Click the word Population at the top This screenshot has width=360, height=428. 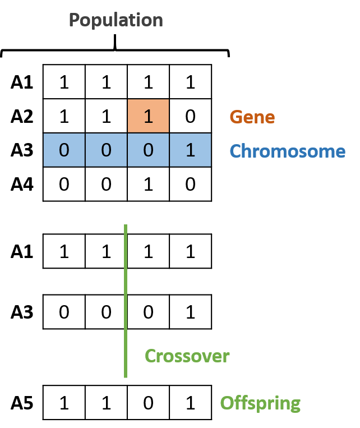116,21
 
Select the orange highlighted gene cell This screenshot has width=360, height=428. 148,117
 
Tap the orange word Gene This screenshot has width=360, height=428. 252,117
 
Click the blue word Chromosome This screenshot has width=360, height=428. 287,151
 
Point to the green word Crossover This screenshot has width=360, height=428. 187,356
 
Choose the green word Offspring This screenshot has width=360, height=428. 260,403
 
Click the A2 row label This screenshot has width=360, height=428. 22,117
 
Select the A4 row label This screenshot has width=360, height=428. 22,184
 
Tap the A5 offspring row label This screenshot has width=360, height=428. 22,403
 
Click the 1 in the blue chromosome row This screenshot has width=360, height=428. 190,150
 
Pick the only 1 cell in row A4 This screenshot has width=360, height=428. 148,184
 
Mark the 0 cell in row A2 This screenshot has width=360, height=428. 190,117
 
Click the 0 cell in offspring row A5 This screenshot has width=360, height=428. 148,403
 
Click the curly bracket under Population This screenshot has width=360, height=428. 116,50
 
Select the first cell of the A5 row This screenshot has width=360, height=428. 64,403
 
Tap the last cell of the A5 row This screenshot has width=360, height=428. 190,403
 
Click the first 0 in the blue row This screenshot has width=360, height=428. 64,150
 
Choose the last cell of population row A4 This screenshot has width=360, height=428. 190,184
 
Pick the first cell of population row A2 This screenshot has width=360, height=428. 64,117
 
